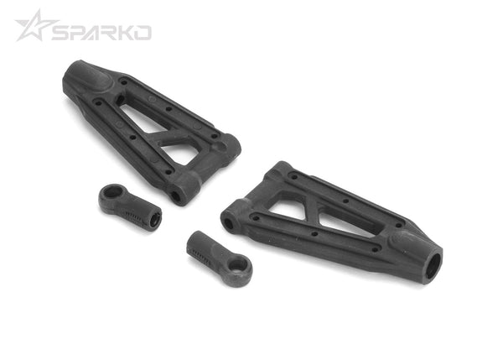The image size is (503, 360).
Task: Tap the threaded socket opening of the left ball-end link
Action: [x=157, y=221]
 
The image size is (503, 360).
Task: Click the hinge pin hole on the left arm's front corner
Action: [x=178, y=196]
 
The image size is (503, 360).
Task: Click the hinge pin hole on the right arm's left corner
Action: [x=227, y=224]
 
